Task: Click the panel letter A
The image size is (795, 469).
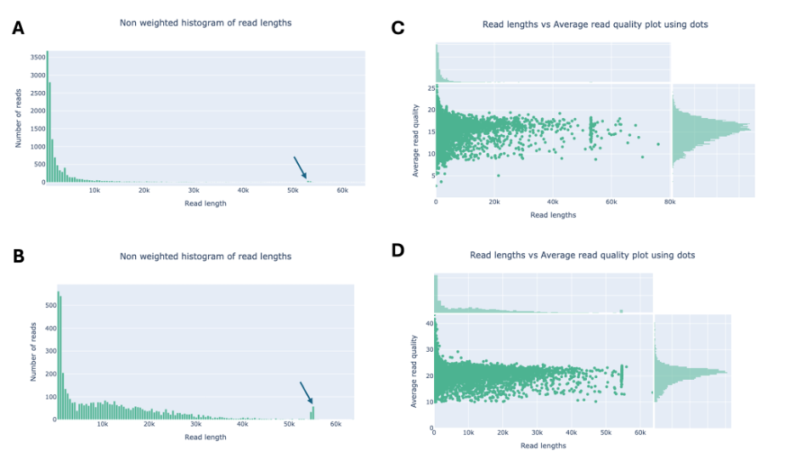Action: pyautogui.click(x=19, y=29)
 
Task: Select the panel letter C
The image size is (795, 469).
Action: pyautogui.click(x=397, y=29)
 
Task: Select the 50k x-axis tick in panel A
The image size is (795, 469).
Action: pyautogui.click(x=293, y=190)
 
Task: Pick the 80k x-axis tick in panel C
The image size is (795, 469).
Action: pyautogui.click(x=669, y=204)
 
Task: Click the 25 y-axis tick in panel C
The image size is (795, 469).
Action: pyautogui.click(x=431, y=88)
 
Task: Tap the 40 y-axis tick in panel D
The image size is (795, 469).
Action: pyautogui.click(x=428, y=323)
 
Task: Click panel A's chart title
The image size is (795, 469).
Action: pyautogui.click(x=206, y=23)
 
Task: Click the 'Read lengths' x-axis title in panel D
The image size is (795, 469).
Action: pyautogui.click(x=543, y=445)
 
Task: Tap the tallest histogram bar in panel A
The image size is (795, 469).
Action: pyautogui.click(x=48, y=117)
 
